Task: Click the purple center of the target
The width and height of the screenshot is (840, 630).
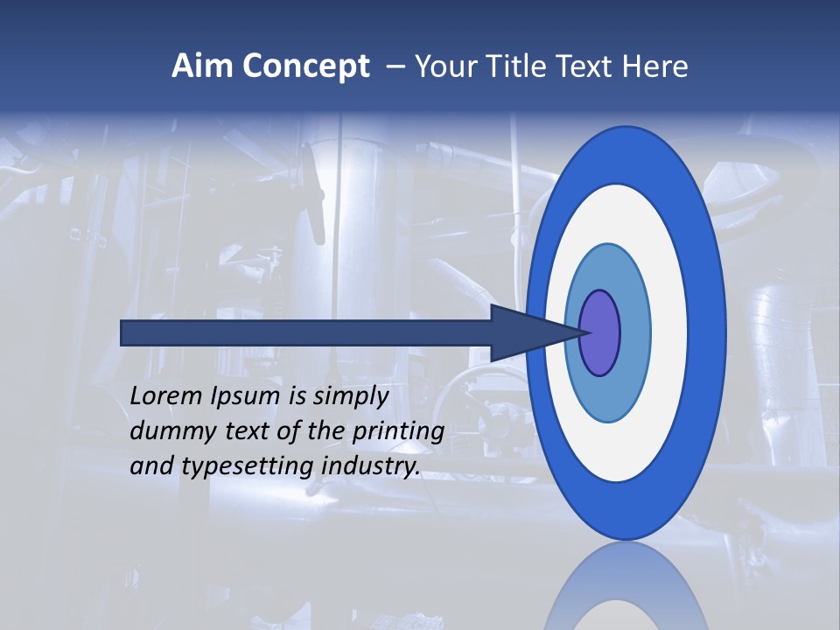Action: [601, 332]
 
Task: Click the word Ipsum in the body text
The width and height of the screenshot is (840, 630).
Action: [246, 397]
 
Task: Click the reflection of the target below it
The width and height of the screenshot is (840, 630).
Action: [626, 591]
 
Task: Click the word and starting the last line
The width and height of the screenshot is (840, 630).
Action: [150, 466]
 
